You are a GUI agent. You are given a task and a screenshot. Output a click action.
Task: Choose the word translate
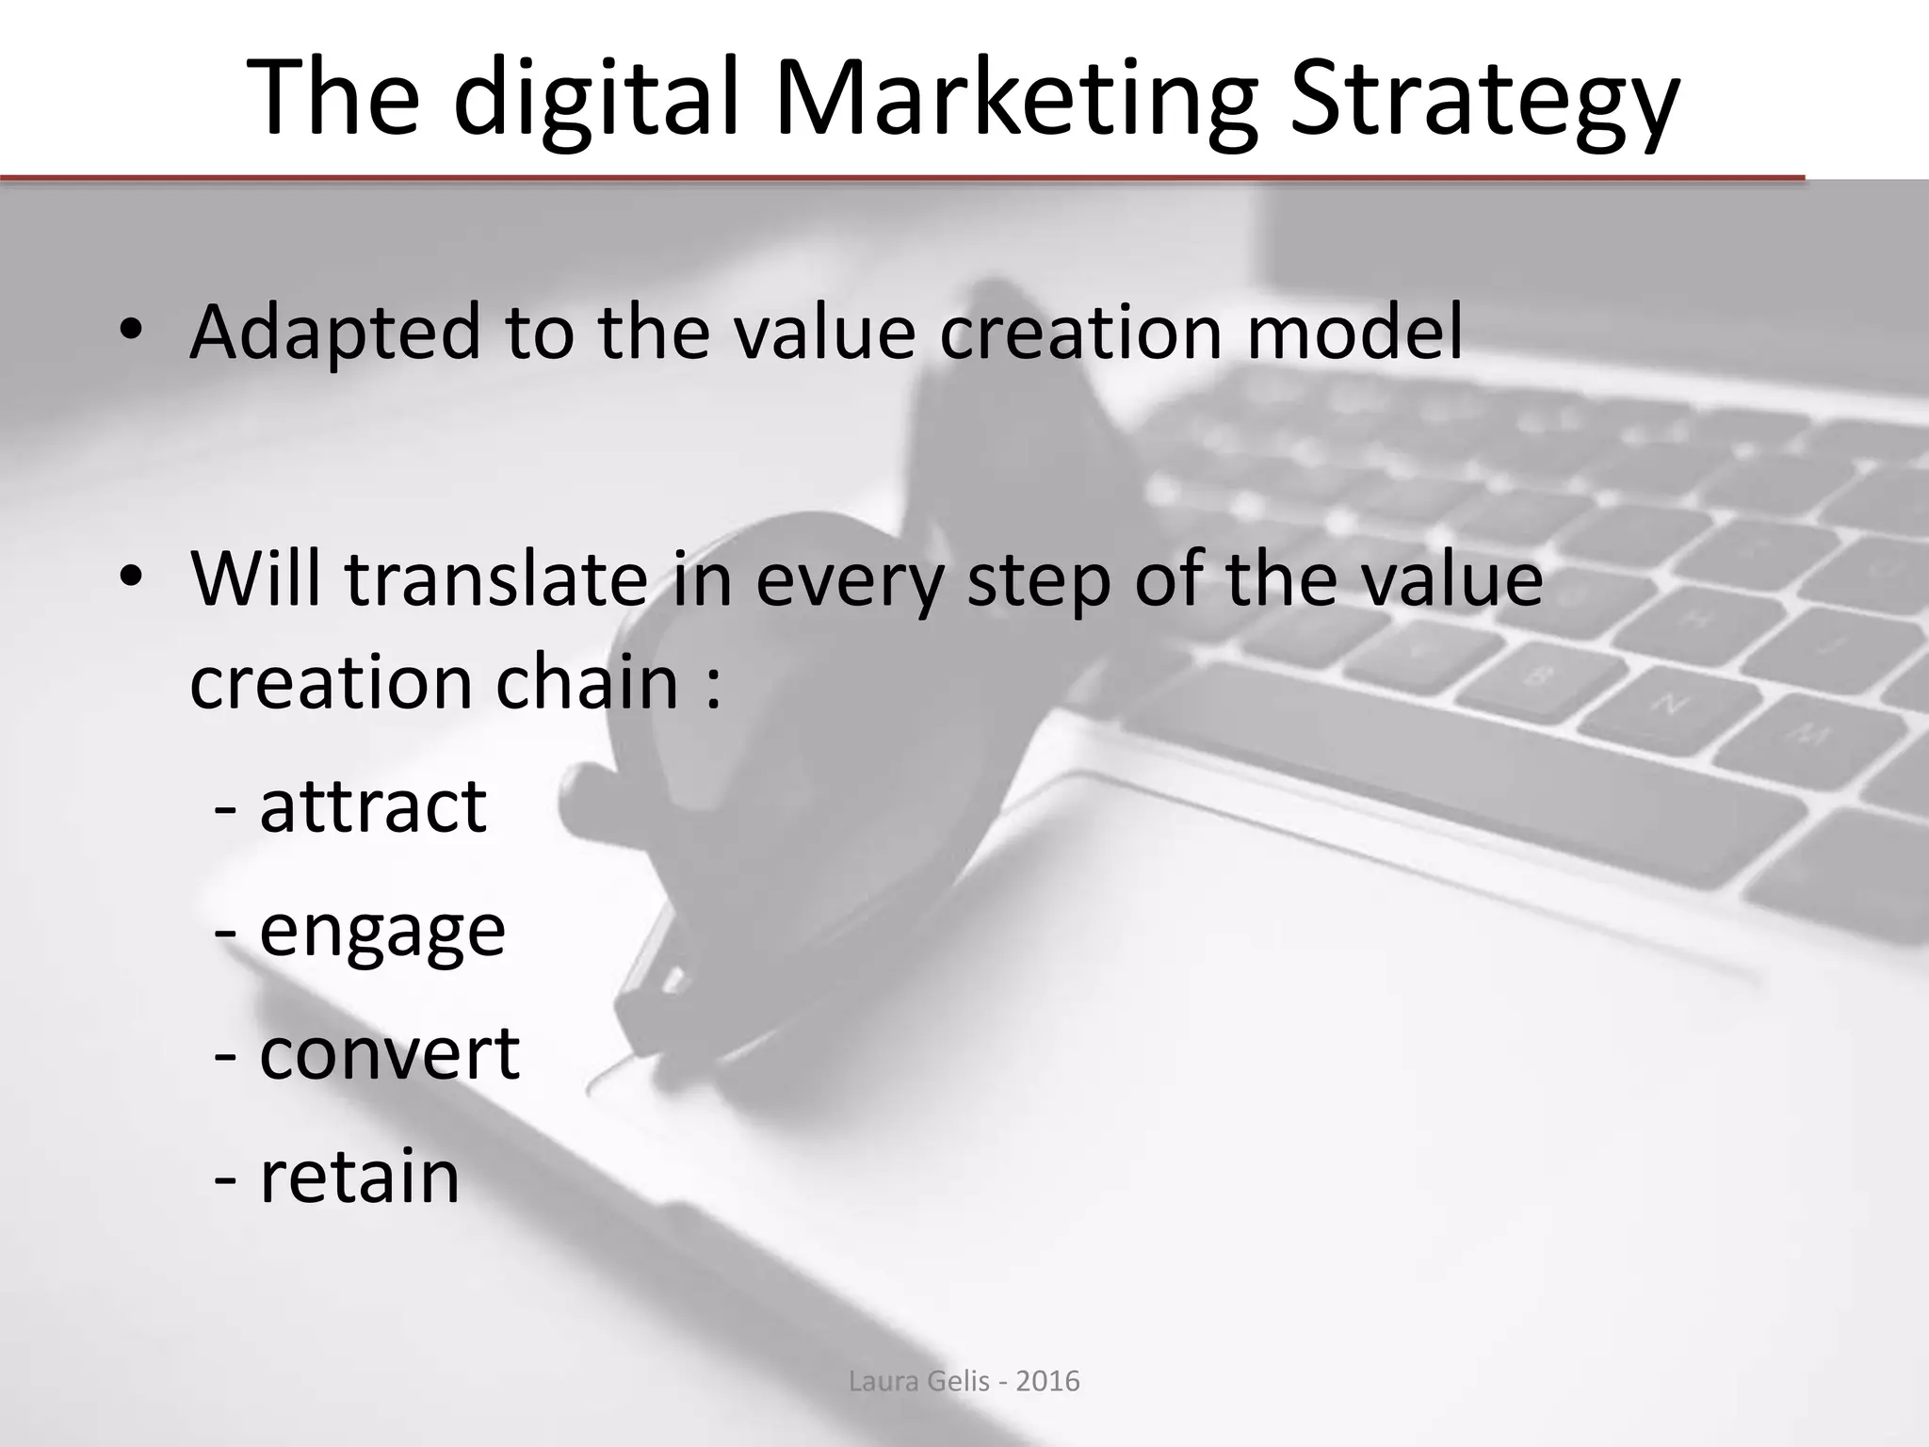495,578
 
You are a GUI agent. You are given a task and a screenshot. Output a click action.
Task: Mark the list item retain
359,1177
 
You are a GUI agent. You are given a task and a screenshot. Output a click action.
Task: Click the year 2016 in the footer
1048,1382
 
